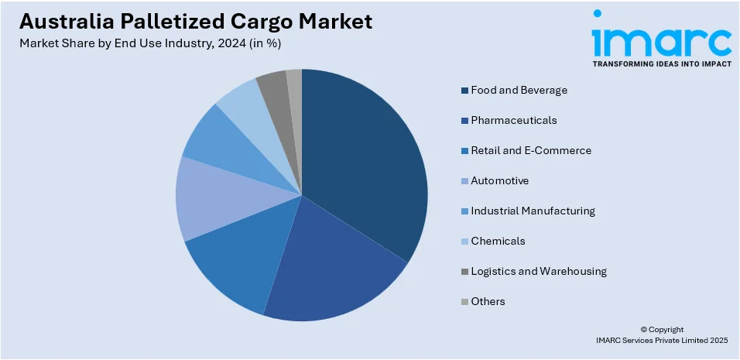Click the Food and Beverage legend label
tap(519, 90)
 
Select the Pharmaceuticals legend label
tap(514, 120)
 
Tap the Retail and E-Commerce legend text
tap(531, 150)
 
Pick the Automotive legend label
tap(500, 180)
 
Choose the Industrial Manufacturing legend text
tap(533, 211)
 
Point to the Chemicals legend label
tap(498, 241)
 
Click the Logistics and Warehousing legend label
tap(539, 271)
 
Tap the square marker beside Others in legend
tap(464, 301)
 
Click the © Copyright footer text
tap(662, 329)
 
